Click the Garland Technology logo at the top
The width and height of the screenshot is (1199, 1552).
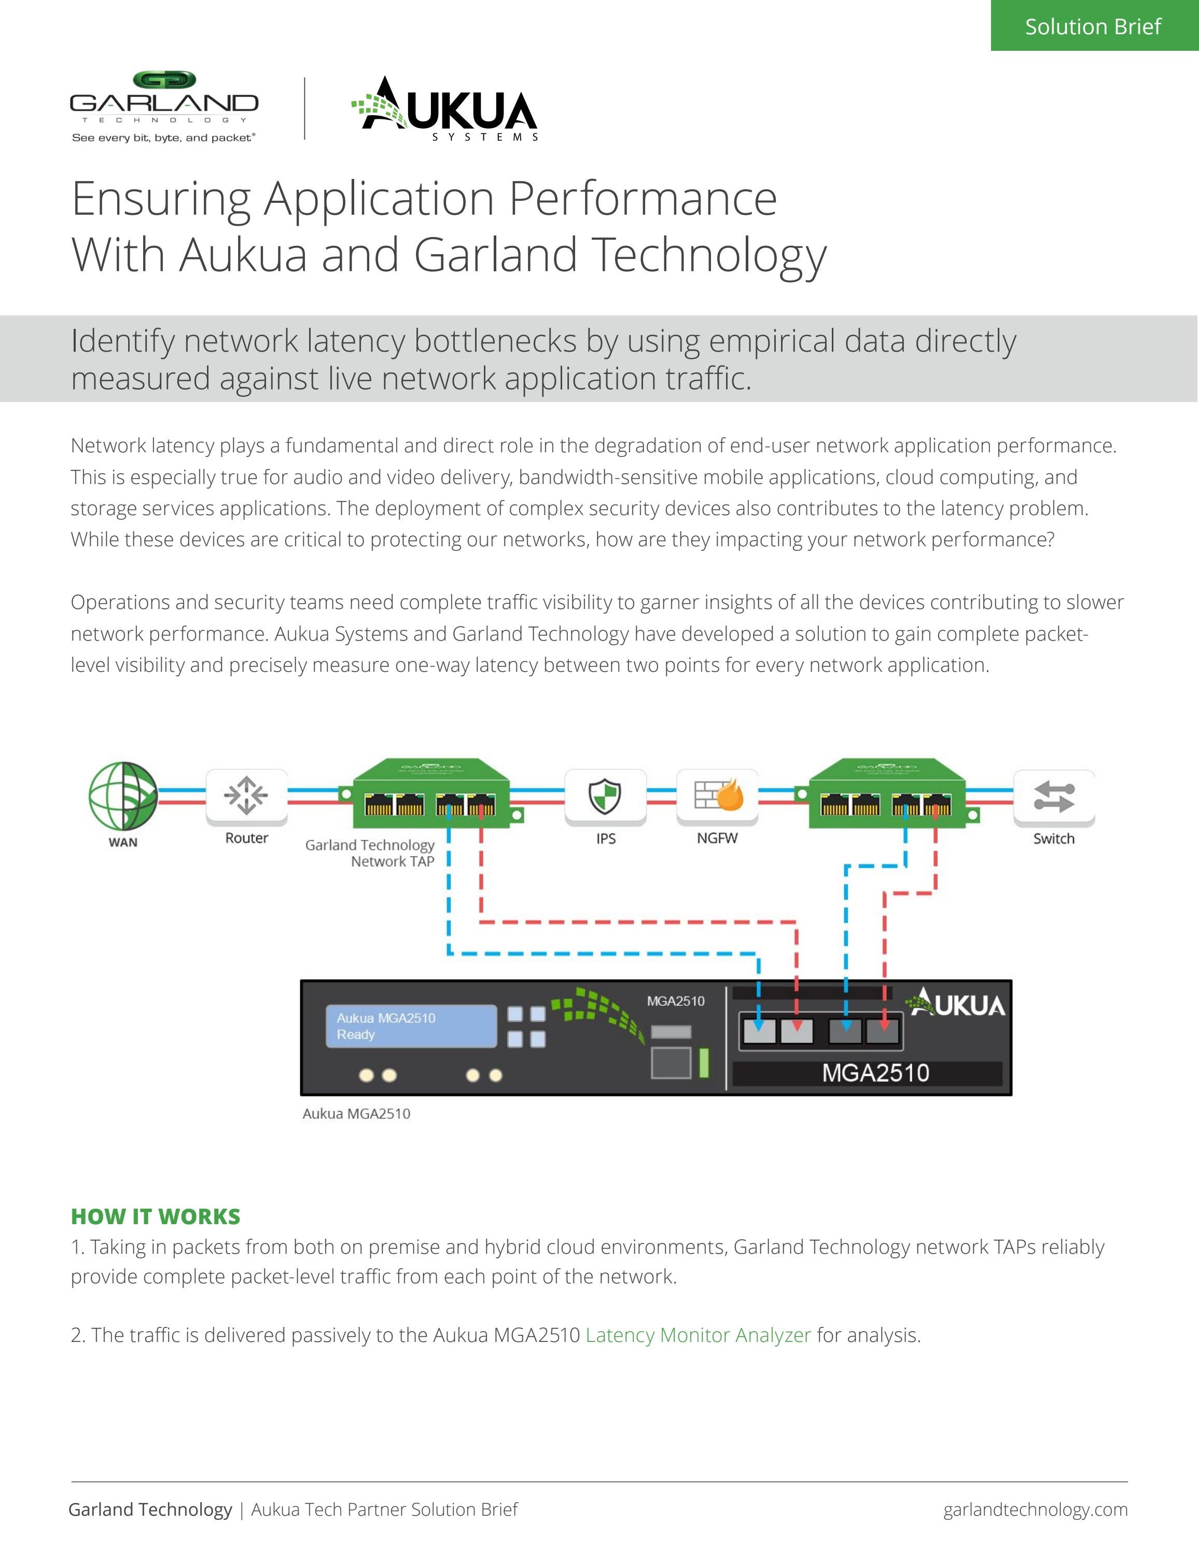coord(164,106)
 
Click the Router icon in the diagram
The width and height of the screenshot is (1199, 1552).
coord(246,795)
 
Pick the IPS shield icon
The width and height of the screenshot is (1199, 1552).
coord(605,795)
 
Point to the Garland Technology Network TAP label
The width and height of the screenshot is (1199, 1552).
coord(370,853)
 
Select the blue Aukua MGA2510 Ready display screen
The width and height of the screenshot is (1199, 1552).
coord(411,1026)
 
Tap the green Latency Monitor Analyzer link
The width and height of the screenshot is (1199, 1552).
coord(698,1335)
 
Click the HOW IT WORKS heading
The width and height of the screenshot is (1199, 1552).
coord(156,1216)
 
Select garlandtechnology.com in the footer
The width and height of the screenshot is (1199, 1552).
coord(1035,1509)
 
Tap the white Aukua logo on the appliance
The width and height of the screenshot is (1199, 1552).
coord(956,1003)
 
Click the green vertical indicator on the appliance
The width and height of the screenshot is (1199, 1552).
coord(704,1062)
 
